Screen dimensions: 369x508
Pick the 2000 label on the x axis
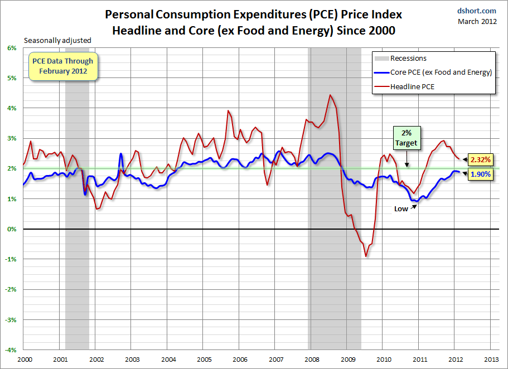24,360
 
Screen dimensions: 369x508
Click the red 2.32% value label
480,160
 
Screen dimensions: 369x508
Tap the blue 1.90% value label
480,174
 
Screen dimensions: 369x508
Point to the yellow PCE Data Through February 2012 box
62,66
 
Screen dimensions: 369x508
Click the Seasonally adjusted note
57,40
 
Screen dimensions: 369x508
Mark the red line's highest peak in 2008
330,95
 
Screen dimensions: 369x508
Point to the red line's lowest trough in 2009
366,256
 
